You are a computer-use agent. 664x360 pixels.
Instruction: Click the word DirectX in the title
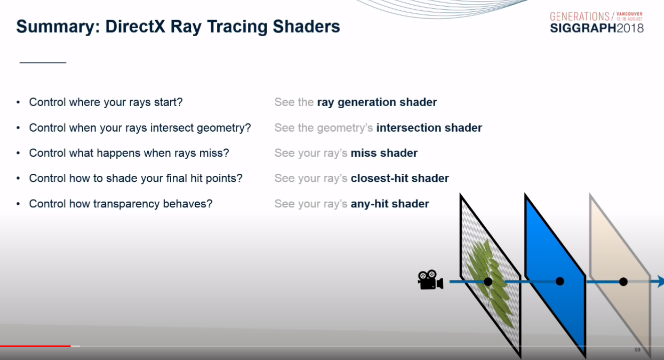click(x=135, y=27)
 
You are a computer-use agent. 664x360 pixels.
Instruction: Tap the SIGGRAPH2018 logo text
click(x=597, y=28)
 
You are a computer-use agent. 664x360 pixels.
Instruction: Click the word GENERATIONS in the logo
click(x=579, y=17)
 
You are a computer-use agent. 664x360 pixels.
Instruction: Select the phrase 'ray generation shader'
click(x=377, y=102)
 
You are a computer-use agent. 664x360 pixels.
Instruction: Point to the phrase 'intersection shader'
click(x=429, y=128)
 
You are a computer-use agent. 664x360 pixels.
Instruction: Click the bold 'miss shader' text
click(x=384, y=153)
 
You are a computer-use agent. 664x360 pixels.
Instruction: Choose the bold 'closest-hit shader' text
click(x=400, y=178)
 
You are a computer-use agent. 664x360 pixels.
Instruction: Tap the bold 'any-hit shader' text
click(x=390, y=204)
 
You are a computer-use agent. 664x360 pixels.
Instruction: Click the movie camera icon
click(x=431, y=280)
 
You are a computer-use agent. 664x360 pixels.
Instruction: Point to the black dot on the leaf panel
click(x=488, y=281)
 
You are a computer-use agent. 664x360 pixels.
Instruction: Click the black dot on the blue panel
click(x=560, y=281)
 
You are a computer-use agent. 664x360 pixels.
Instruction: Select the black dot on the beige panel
click(x=623, y=281)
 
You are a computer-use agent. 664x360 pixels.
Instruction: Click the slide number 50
click(x=637, y=350)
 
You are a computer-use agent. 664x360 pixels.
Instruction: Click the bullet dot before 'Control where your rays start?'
click(x=18, y=102)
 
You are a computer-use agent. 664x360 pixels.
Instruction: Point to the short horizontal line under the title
click(x=43, y=63)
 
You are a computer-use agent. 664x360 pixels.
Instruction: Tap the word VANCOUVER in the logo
click(x=629, y=14)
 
